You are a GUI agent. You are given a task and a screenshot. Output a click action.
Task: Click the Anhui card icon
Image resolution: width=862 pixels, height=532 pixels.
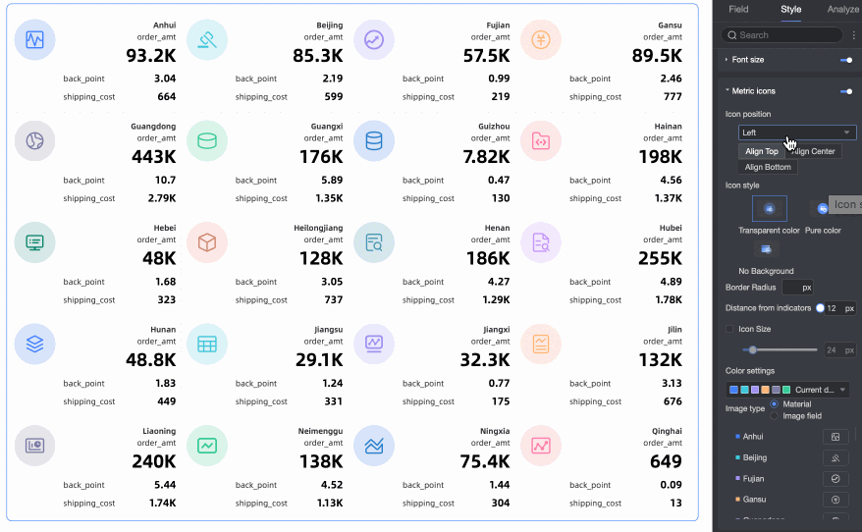point(35,40)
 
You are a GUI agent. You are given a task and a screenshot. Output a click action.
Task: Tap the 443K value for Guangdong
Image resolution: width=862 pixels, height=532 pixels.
point(153,157)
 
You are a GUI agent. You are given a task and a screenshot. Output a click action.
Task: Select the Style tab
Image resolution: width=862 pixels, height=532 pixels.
point(790,10)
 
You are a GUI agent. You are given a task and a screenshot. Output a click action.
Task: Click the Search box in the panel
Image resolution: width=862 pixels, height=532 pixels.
point(782,35)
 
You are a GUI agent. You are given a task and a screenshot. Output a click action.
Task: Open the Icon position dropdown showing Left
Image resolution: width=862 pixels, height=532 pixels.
point(797,133)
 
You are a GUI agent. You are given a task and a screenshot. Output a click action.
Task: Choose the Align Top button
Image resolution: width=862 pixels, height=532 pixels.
point(761,151)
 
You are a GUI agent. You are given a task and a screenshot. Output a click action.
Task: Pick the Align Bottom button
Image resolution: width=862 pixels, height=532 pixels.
point(768,167)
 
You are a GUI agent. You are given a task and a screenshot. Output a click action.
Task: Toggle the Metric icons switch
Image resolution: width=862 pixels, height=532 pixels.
point(845,91)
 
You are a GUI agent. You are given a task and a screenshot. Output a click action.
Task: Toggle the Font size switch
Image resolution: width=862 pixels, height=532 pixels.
point(845,60)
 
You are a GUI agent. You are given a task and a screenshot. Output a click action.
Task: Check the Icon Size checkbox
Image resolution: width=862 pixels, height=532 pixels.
point(729,330)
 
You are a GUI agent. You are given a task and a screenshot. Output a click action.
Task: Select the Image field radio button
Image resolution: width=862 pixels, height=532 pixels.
point(775,416)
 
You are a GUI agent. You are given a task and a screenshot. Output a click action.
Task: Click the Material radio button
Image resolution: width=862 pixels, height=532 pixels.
point(775,403)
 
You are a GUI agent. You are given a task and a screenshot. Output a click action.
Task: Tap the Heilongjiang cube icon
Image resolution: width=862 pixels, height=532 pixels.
point(207,242)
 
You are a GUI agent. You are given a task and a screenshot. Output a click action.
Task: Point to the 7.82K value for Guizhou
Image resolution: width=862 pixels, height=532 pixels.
point(486,157)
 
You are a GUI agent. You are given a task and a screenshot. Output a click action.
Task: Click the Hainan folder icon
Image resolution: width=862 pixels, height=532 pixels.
point(541,141)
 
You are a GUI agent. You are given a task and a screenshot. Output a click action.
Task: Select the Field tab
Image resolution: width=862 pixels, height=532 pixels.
point(738,10)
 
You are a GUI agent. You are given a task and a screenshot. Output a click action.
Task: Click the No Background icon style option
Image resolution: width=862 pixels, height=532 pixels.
point(766,249)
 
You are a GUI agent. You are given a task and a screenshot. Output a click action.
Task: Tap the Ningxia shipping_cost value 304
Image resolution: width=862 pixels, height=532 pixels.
point(500,503)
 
